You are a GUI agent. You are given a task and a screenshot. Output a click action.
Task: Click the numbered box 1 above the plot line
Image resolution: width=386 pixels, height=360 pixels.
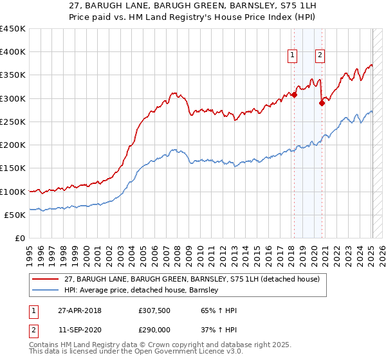click(x=293, y=55)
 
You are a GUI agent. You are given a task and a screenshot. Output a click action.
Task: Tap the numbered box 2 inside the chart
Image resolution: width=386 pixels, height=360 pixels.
click(x=320, y=55)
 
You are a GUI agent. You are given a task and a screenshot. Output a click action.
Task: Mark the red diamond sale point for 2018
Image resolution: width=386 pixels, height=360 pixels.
click(x=294, y=95)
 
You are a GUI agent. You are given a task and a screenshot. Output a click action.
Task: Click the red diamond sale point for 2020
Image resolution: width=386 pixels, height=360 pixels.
click(x=322, y=103)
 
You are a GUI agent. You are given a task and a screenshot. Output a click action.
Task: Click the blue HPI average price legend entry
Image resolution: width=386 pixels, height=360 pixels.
click(x=142, y=290)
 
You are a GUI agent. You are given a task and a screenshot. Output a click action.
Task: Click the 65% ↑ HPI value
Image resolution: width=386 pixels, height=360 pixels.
click(x=219, y=310)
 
